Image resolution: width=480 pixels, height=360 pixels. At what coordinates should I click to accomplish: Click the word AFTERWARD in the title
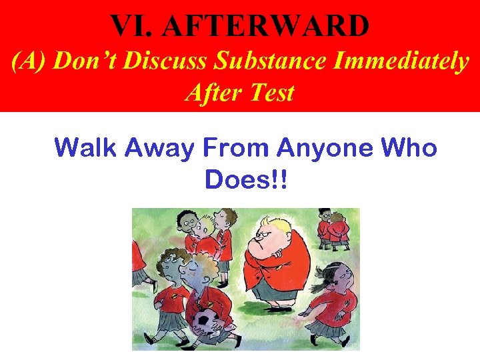click(x=266, y=26)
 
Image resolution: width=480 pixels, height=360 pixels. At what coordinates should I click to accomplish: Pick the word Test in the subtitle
click(x=271, y=92)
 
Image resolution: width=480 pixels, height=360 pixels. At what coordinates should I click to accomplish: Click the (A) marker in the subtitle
click(x=29, y=61)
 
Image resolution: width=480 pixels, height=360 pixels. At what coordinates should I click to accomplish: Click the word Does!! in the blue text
click(x=247, y=178)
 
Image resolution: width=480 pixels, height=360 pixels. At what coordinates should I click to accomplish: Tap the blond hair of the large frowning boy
click(x=273, y=223)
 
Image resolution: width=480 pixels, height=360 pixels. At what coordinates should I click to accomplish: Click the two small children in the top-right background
click(x=333, y=227)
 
